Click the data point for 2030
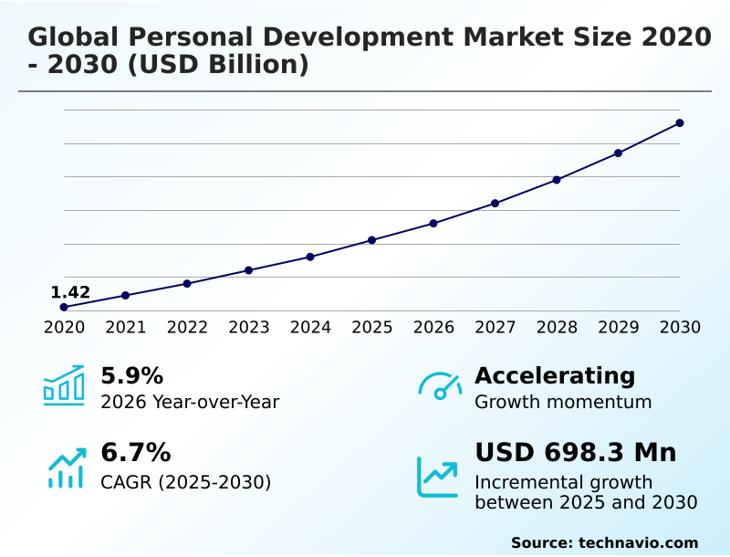point(680,122)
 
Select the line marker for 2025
point(371,240)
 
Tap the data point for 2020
point(64,307)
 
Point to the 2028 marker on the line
point(557,180)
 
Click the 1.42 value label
point(70,292)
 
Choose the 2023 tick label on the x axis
point(248,327)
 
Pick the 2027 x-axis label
point(495,327)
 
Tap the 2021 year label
point(125,327)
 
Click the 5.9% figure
point(131,375)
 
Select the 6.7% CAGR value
point(135,452)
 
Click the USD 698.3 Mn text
point(575,452)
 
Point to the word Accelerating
point(555,375)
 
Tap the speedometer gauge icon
point(440,385)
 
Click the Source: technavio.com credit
point(604,542)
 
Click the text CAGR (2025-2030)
point(185,481)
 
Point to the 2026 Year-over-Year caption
point(190,402)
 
